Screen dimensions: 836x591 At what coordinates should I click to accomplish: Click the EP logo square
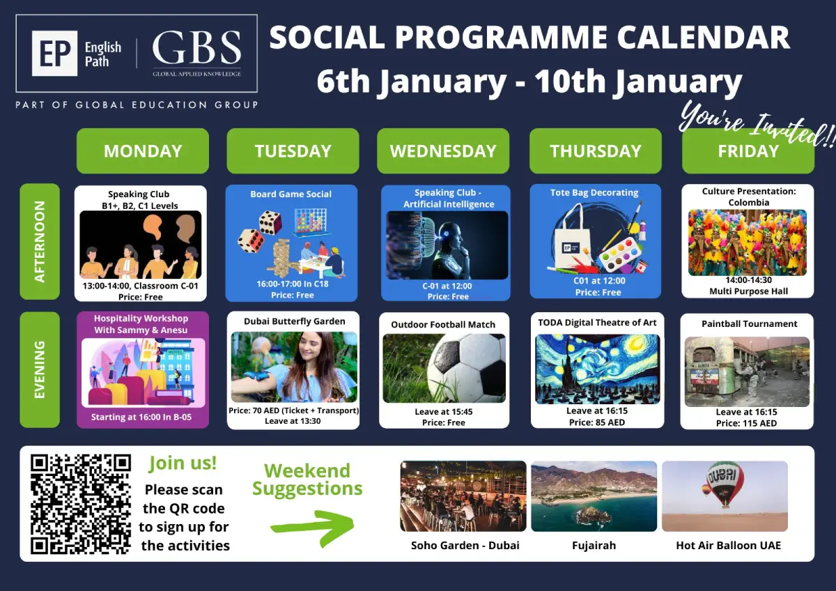[x=54, y=53]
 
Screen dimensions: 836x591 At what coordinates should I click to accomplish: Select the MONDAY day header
[x=143, y=151]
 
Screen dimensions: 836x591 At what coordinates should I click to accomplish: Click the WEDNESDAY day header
[x=443, y=151]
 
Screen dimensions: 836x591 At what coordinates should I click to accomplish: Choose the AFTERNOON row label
[x=40, y=242]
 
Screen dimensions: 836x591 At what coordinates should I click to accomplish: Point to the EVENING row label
[x=40, y=369]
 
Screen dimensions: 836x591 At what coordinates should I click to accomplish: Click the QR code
[x=81, y=504]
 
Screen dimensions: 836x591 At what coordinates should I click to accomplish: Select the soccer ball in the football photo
[x=467, y=367]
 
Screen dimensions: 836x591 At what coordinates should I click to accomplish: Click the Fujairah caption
[x=594, y=546]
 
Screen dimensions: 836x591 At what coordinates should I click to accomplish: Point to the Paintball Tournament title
[x=749, y=323]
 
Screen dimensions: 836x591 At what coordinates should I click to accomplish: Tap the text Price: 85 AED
[x=597, y=422]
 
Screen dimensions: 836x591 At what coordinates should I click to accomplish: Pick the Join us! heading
[x=183, y=463]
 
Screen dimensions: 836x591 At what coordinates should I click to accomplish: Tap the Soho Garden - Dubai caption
[x=465, y=546]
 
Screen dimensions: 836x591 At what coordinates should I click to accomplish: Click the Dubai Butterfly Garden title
[x=295, y=321]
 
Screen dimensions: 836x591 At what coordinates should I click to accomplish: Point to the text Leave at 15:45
[x=443, y=411]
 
